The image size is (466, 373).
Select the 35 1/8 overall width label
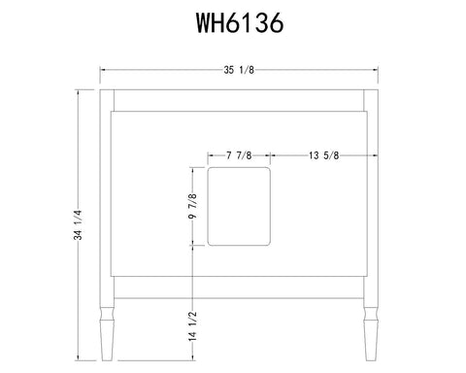pos(239,70)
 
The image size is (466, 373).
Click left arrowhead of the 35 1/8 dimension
pos(104,70)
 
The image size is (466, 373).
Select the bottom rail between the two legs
pos(239,294)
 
